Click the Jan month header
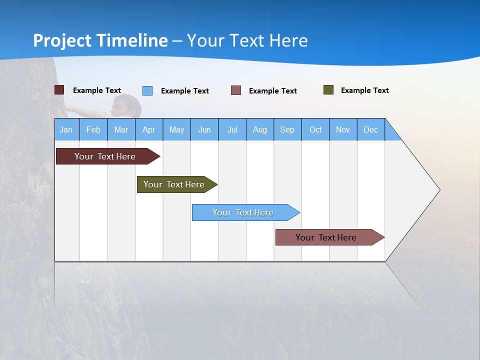[66, 129]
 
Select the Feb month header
[93, 129]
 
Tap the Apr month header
[148, 129]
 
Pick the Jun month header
[204, 129]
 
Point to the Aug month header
[260, 129]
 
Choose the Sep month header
[287, 129]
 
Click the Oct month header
[315, 129]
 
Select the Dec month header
[370, 129]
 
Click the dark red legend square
[59, 90]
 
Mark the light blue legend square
[147, 90]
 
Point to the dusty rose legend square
[236, 90]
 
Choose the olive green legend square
[328, 90]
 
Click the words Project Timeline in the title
[100, 40]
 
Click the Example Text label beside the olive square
[364, 90]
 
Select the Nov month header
[343, 129]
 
